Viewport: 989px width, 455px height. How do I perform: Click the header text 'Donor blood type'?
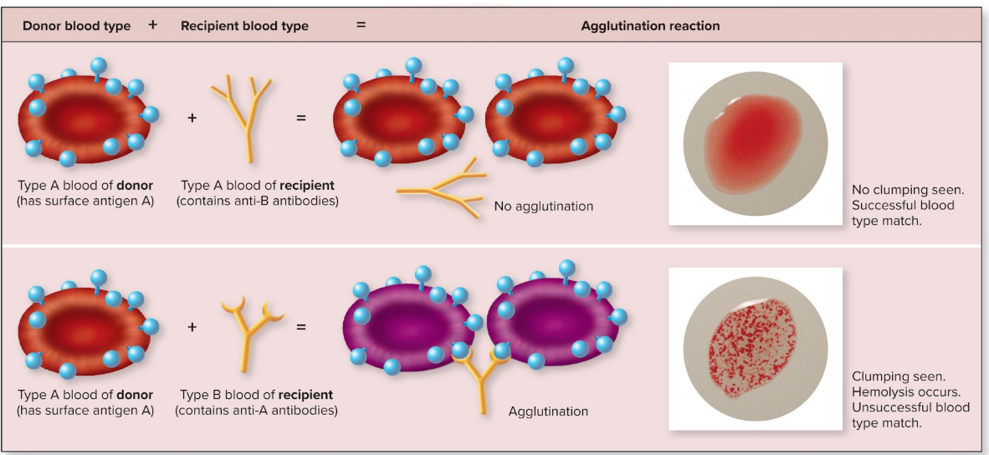tap(76, 26)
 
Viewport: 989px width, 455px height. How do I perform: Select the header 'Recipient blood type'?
tap(244, 26)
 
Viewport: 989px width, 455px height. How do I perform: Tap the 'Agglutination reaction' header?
tap(650, 26)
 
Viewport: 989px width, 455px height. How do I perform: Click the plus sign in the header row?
tap(152, 25)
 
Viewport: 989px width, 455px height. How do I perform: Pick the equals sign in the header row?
tap(361, 25)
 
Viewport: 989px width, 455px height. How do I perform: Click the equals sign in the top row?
tap(301, 118)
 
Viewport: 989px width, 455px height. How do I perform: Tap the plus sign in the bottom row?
tap(192, 326)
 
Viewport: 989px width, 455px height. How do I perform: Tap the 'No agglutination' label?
tap(543, 206)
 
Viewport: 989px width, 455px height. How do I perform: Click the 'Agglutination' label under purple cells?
tap(548, 412)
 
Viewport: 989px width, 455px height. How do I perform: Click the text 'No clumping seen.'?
tap(908, 190)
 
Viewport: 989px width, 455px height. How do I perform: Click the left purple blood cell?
tap(410, 322)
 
